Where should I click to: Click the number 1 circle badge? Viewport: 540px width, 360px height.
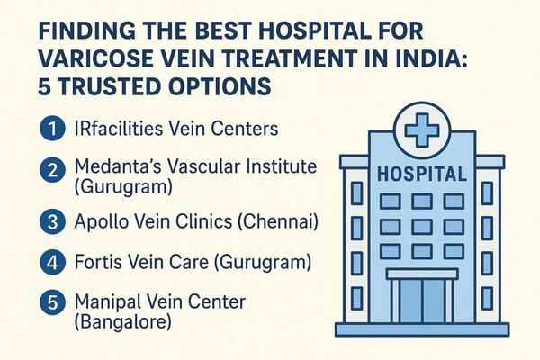[53, 129]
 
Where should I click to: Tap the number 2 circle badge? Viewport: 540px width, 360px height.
[53, 170]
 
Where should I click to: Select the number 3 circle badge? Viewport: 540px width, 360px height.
[53, 221]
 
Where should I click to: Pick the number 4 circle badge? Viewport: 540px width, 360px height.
[53, 263]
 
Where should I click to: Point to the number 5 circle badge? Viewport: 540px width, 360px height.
[53, 302]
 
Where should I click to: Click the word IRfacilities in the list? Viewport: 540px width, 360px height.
[119, 129]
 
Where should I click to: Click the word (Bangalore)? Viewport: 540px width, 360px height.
[123, 322]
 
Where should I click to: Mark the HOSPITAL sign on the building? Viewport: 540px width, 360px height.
[422, 174]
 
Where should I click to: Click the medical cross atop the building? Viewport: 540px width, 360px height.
[422, 130]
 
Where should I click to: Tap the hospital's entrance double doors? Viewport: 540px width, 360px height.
[422, 301]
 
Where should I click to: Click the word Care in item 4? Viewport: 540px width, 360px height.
[193, 262]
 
